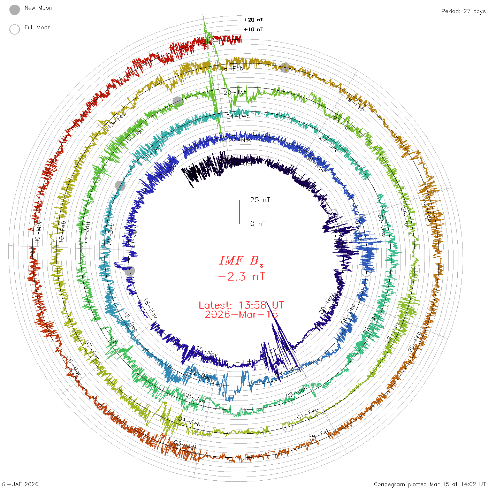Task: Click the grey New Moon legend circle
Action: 15,10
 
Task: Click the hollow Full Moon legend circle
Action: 15,29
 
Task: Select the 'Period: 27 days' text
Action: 463,12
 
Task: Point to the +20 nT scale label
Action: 253,20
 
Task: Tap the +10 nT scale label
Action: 253,29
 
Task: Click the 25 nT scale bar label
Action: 260,200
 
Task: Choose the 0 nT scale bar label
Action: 258,223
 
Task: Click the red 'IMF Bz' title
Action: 241,261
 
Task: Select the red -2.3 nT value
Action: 241,277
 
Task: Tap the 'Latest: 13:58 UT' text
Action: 241,305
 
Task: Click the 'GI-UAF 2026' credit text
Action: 20,484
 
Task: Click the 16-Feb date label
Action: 232,69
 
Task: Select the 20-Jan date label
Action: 235,93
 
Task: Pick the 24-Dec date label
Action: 238,116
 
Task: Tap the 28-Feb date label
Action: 319,435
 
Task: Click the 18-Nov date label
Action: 150,308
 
